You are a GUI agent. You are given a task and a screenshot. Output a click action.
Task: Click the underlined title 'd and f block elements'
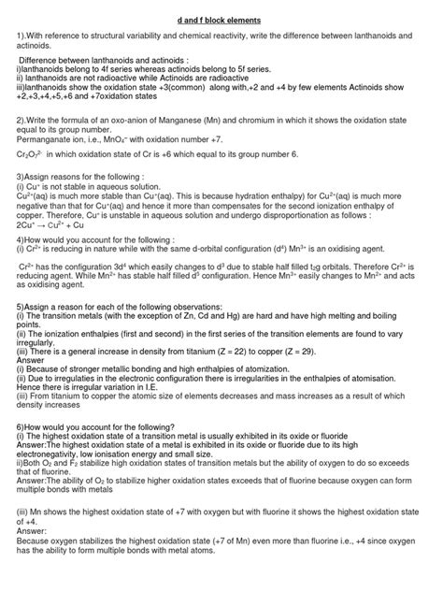pos(221,19)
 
